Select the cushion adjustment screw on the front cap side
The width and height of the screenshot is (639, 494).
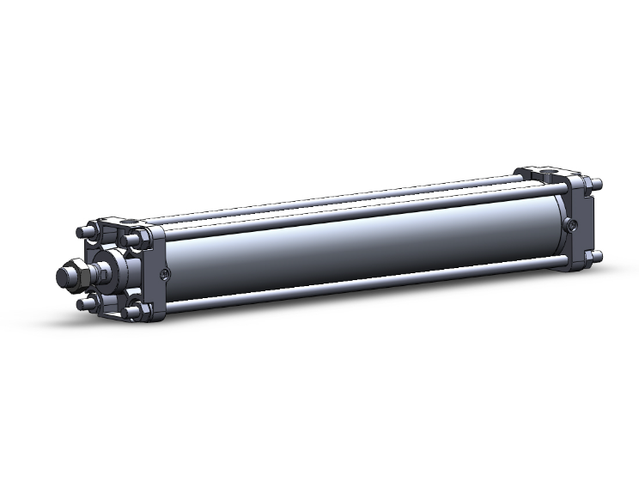(x=165, y=274)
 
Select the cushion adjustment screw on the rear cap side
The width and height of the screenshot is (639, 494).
(x=573, y=225)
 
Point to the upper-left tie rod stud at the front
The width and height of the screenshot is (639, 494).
(x=82, y=231)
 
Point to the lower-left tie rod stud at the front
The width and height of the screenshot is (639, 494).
(x=84, y=303)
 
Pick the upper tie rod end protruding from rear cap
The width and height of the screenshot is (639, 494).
(x=597, y=184)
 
